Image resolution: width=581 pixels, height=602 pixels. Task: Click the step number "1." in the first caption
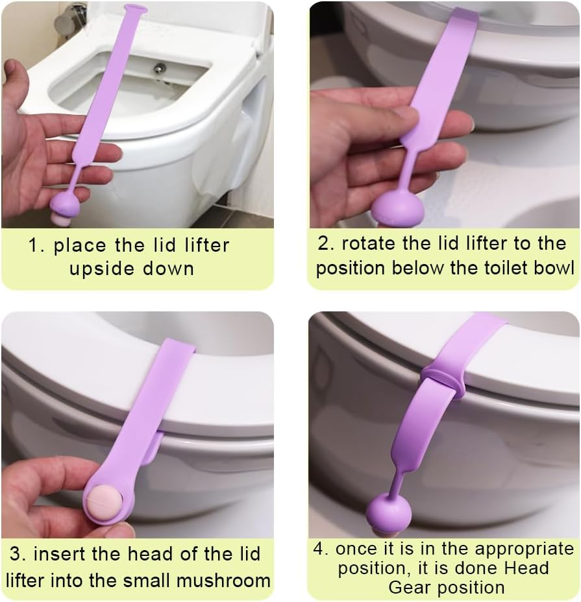coord(36,245)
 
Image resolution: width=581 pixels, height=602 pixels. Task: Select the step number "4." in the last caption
coord(321,549)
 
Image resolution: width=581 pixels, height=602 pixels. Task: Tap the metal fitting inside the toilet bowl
coord(160,67)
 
